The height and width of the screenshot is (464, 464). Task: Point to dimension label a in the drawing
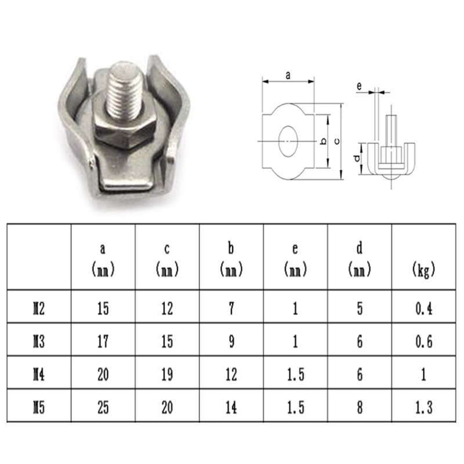(x=288, y=74)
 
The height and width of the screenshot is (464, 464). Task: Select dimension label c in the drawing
(x=338, y=140)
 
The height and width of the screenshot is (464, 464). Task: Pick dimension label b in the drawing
(x=322, y=141)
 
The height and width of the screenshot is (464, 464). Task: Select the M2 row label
(x=39, y=309)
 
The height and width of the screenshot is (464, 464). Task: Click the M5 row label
(x=39, y=408)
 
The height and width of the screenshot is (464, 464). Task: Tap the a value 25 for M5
(x=103, y=408)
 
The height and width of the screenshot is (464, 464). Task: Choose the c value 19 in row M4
(x=167, y=375)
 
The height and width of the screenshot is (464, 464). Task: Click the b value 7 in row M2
(x=231, y=309)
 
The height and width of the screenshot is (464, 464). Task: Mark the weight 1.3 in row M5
(x=424, y=408)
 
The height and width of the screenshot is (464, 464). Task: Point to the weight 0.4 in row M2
(x=424, y=309)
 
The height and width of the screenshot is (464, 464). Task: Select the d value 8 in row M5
(x=360, y=408)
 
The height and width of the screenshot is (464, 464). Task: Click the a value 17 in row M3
(x=103, y=342)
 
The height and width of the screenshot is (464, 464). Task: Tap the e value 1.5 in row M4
(x=295, y=375)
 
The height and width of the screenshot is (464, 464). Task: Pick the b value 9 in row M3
(x=231, y=342)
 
